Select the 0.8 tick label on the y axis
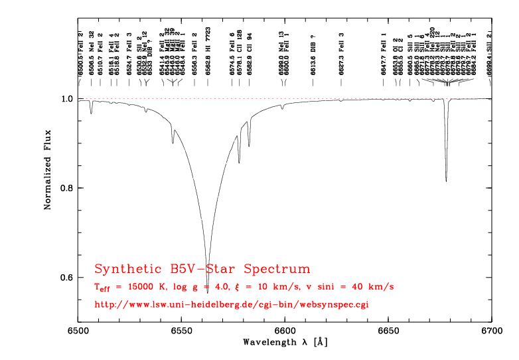point(66,188)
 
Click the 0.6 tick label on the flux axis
point(66,278)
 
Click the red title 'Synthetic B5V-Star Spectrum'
point(202,270)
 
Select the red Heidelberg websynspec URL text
point(232,305)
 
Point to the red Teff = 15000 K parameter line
point(244,287)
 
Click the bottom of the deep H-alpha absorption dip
point(208,292)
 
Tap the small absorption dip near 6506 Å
point(92,113)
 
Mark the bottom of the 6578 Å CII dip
point(239,162)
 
